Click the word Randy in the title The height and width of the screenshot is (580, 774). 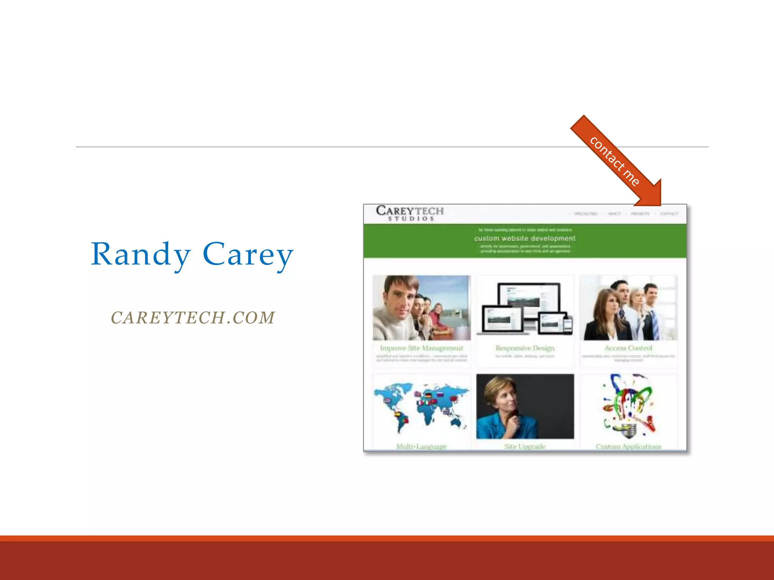[x=141, y=254]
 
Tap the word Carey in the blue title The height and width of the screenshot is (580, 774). [x=248, y=254]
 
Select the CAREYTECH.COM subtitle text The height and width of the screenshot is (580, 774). [x=193, y=318]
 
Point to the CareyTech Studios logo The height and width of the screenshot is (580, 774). [x=410, y=213]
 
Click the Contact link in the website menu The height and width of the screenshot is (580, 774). [x=669, y=214]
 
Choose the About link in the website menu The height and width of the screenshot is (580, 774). [x=614, y=214]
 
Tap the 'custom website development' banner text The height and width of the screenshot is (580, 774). [x=525, y=238]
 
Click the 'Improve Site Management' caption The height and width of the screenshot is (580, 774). [x=421, y=348]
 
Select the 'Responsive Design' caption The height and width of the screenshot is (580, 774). [x=525, y=348]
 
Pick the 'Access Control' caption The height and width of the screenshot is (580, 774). [x=628, y=348]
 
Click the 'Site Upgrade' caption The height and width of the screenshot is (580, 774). [x=525, y=447]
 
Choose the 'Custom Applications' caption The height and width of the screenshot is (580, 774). [x=628, y=447]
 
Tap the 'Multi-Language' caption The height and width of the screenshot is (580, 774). [x=421, y=447]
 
